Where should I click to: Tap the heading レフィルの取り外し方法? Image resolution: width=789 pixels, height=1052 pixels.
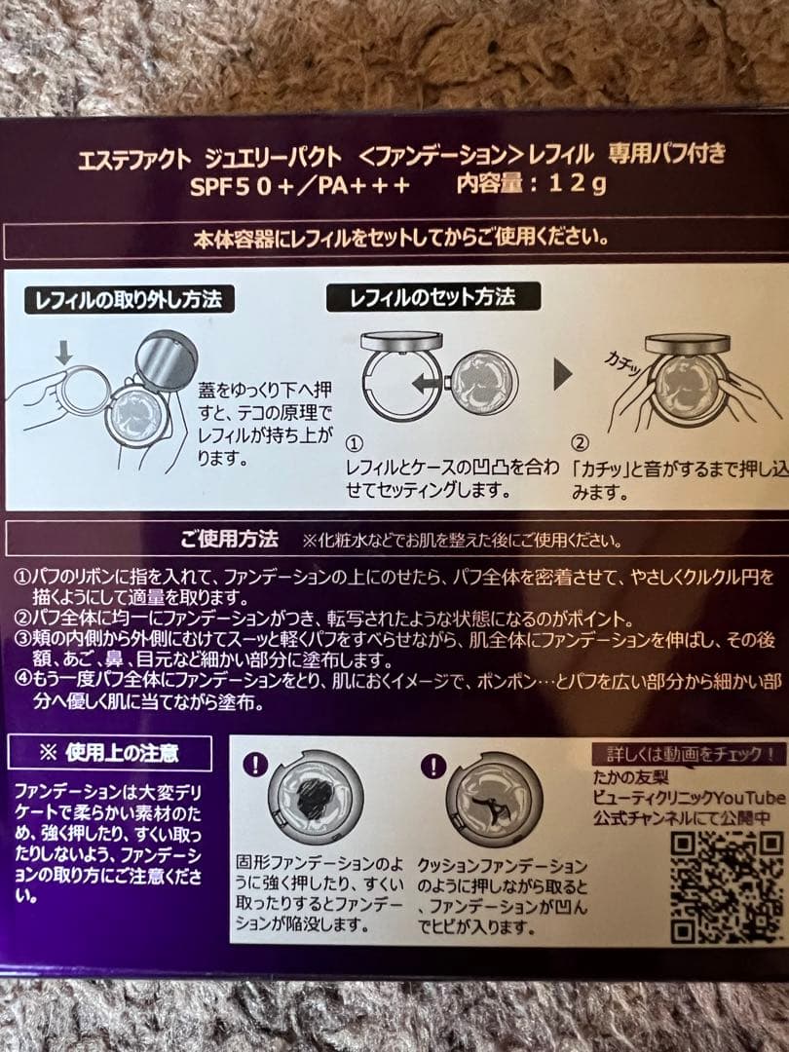pyautogui.click(x=130, y=299)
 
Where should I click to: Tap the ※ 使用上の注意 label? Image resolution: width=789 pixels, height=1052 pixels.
pyautogui.click(x=109, y=752)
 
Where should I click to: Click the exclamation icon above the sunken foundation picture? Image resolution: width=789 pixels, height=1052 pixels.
pyautogui.click(x=255, y=763)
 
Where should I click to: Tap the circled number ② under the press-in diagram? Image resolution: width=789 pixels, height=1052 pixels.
pyautogui.click(x=581, y=445)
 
